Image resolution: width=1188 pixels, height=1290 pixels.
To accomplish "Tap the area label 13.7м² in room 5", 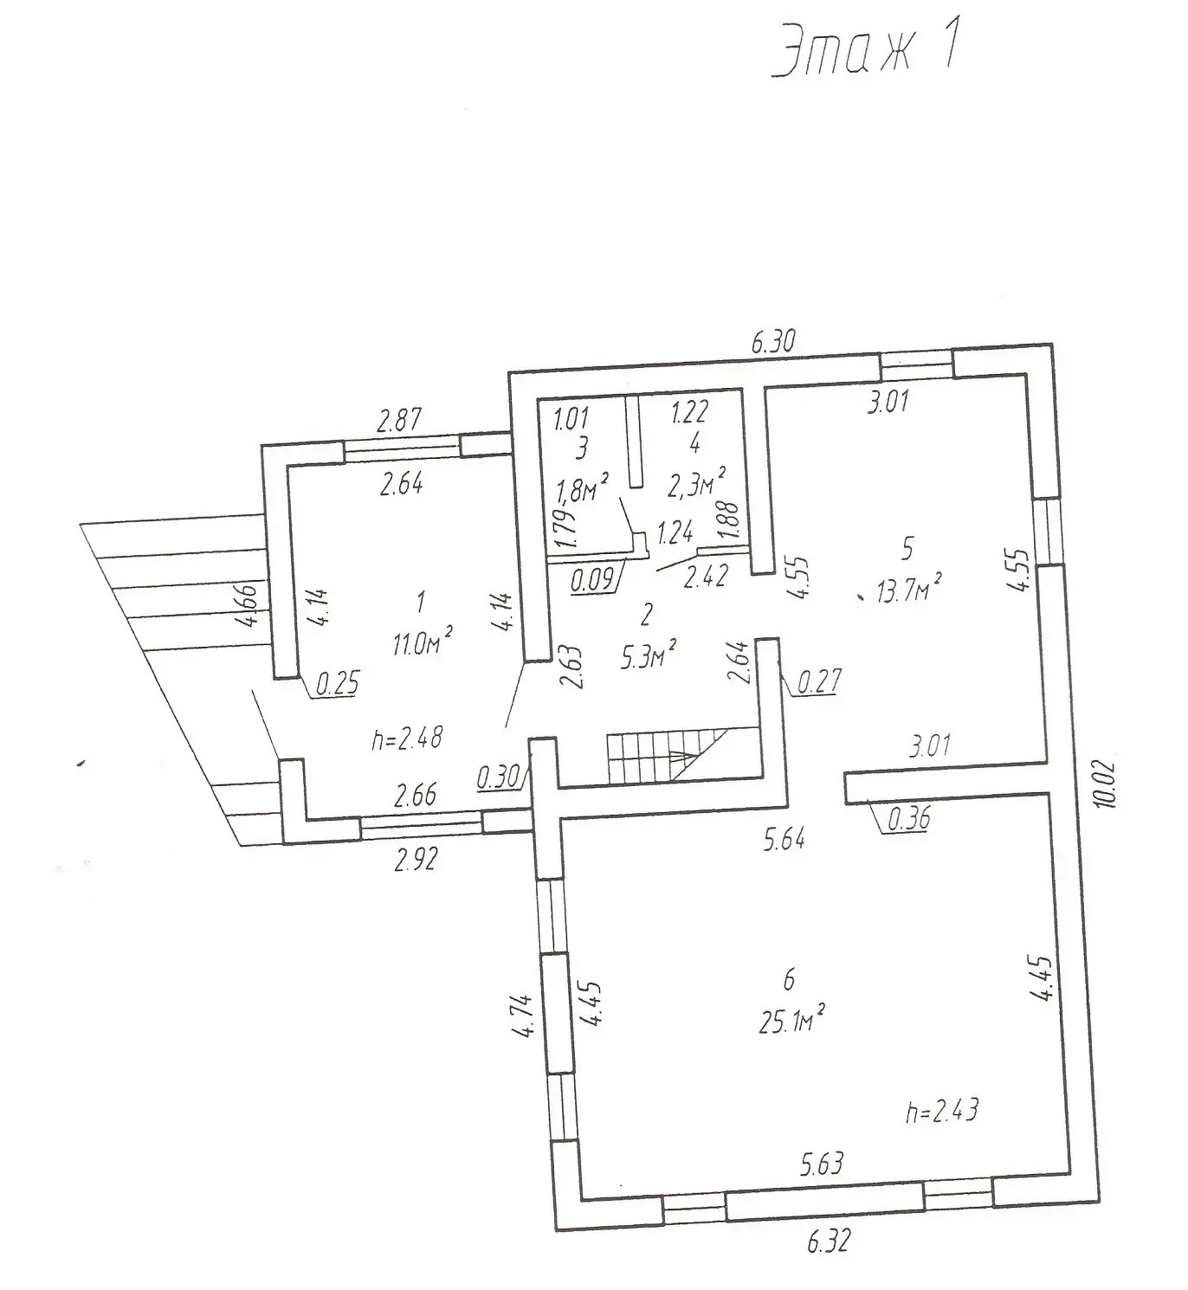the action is (909, 587).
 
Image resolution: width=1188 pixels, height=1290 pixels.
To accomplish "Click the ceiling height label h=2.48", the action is (407, 739).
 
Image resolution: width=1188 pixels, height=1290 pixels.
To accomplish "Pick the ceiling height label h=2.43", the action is (942, 1111).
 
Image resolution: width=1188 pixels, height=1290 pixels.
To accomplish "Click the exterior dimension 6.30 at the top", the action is (774, 341).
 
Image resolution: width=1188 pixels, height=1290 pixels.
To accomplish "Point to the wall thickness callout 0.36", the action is (908, 819).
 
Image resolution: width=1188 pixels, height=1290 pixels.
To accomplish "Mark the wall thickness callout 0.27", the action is (819, 681).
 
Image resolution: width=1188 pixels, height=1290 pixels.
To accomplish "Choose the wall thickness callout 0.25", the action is (338, 683).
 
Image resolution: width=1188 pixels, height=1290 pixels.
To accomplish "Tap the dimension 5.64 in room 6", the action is (784, 839).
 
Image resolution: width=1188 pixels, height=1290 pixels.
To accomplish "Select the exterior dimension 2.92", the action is (416, 859).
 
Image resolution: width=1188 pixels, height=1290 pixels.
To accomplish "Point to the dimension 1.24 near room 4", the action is (675, 533).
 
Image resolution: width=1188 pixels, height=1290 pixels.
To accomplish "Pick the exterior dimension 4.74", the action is (525, 1016).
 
